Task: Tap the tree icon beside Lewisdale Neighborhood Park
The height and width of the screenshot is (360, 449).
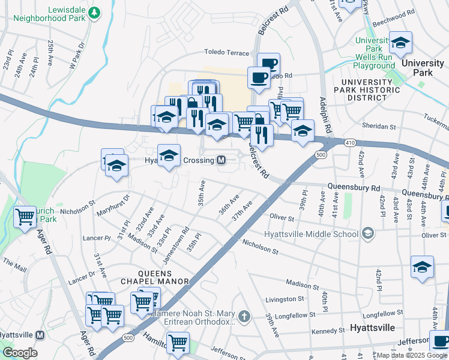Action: (x=94, y=12)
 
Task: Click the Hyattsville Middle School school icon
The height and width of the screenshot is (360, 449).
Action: (x=367, y=233)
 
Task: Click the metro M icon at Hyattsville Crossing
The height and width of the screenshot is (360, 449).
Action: (x=221, y=160)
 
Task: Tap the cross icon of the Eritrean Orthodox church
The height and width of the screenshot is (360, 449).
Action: (x=244, y=316)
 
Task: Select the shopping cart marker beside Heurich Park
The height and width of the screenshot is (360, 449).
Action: (x=25, y=217)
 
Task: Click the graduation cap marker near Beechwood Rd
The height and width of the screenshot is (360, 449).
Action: (x=400, y=43)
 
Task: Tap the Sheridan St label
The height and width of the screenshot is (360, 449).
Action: (x=379, y=127)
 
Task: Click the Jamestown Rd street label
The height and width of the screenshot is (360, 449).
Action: (x=176, y=244)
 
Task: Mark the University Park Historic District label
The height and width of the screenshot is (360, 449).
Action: (x=371, y=90)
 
